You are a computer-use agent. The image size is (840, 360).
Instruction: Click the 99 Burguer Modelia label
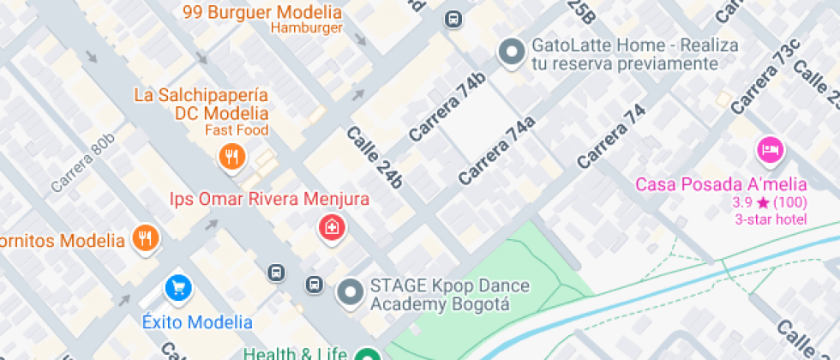coord(262,12)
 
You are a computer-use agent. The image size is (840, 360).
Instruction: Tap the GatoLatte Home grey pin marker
coord(512,52)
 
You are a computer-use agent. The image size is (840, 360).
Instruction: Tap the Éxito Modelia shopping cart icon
coord(178,288)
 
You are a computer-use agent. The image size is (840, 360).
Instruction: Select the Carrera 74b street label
coord(447,107)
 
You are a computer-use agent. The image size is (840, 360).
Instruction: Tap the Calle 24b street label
coord(375,157)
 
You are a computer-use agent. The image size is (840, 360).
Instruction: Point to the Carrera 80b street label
coord(82,162)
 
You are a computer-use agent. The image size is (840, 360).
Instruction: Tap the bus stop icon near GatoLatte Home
coord(453,19)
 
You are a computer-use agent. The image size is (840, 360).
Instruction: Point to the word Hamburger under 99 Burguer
coord(307,27)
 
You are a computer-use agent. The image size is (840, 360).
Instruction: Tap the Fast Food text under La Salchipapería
coord(237,130)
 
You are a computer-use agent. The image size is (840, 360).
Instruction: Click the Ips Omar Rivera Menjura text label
coord(269,200)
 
